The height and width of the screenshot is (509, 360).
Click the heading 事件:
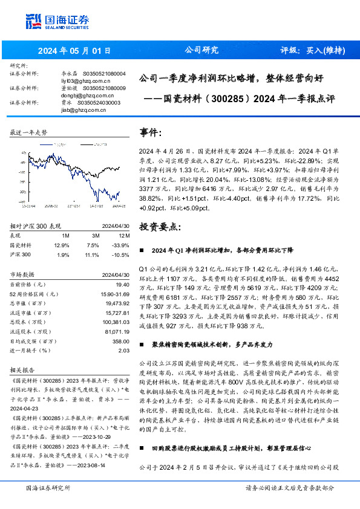(x=151, y=132)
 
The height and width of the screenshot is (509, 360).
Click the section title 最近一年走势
(x=28, y=131)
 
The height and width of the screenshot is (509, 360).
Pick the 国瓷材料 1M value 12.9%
(x=62, y=245)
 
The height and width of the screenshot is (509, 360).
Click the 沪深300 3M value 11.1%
(x=93, y=254)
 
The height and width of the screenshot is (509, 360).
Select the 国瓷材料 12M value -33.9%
(x=122, y=245)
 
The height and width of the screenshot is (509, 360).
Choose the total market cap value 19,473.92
(x=117, y=303)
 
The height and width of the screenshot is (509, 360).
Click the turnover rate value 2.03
(x=124, y=351)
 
